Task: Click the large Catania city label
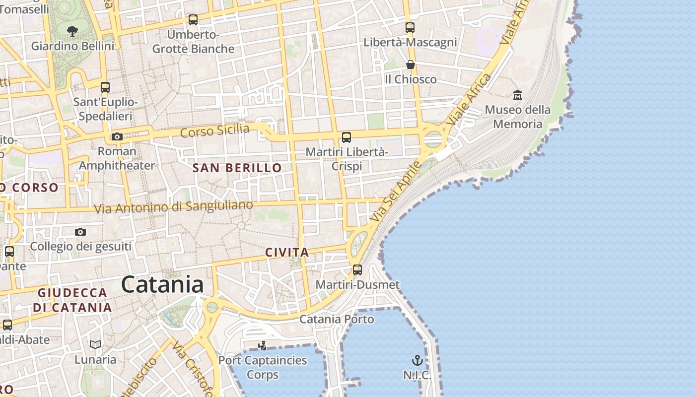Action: (x=162, y=285)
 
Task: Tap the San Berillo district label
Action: (x=237, y=168)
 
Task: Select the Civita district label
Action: (x=287, y=252)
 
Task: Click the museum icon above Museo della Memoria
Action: (x=518, y=95)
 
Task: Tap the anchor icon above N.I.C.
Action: (x=417, y=360)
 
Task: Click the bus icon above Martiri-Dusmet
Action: (x=357, y=270)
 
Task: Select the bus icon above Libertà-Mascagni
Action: (x=410, y=28)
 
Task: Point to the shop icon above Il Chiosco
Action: (x=411, y=65)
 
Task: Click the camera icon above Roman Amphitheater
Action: (x=117, y=136)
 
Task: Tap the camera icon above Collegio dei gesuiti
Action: (x=80, y=232)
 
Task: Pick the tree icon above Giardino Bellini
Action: (x=72, y=31)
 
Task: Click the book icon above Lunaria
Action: (x=95, y=344)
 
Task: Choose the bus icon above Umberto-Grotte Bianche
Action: (x=193, y=20)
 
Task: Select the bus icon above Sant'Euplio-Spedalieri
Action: (x=105, y=87)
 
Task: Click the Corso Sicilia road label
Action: (x=215, y=131)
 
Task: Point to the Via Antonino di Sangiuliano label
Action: (x=173, y=206)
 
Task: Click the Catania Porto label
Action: (x=337, y=319)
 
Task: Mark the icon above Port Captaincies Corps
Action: (x=263, y=345)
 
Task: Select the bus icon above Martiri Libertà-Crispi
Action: (x=347, y=137)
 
